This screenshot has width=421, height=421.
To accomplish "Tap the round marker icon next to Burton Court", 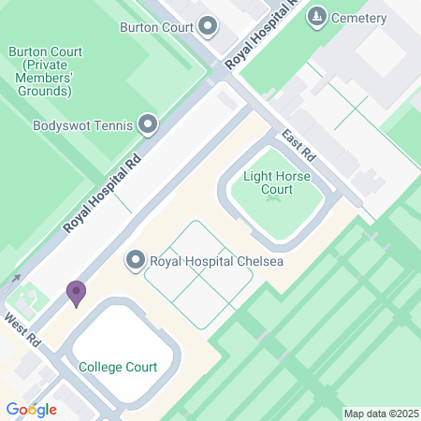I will [x=207, y=26].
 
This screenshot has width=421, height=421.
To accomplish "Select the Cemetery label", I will [x=360, y=18].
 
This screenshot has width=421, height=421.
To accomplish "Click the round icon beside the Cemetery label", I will [x=318, y=17].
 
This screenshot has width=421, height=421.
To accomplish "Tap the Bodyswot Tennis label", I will [x=83, y=124].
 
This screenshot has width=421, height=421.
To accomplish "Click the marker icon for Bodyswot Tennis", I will [x=147, y=124].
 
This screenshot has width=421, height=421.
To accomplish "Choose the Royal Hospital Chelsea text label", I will [x=215, y=260].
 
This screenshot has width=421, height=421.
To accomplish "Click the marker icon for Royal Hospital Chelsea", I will [x=136, y=260].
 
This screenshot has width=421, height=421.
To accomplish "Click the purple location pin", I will [x=76, y=293].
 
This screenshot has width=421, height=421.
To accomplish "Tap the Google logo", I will [x=31, y=410].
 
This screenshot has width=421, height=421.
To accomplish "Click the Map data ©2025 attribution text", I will [x=379, y=413].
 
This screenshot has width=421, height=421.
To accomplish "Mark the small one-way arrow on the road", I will [x=15, y=278].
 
